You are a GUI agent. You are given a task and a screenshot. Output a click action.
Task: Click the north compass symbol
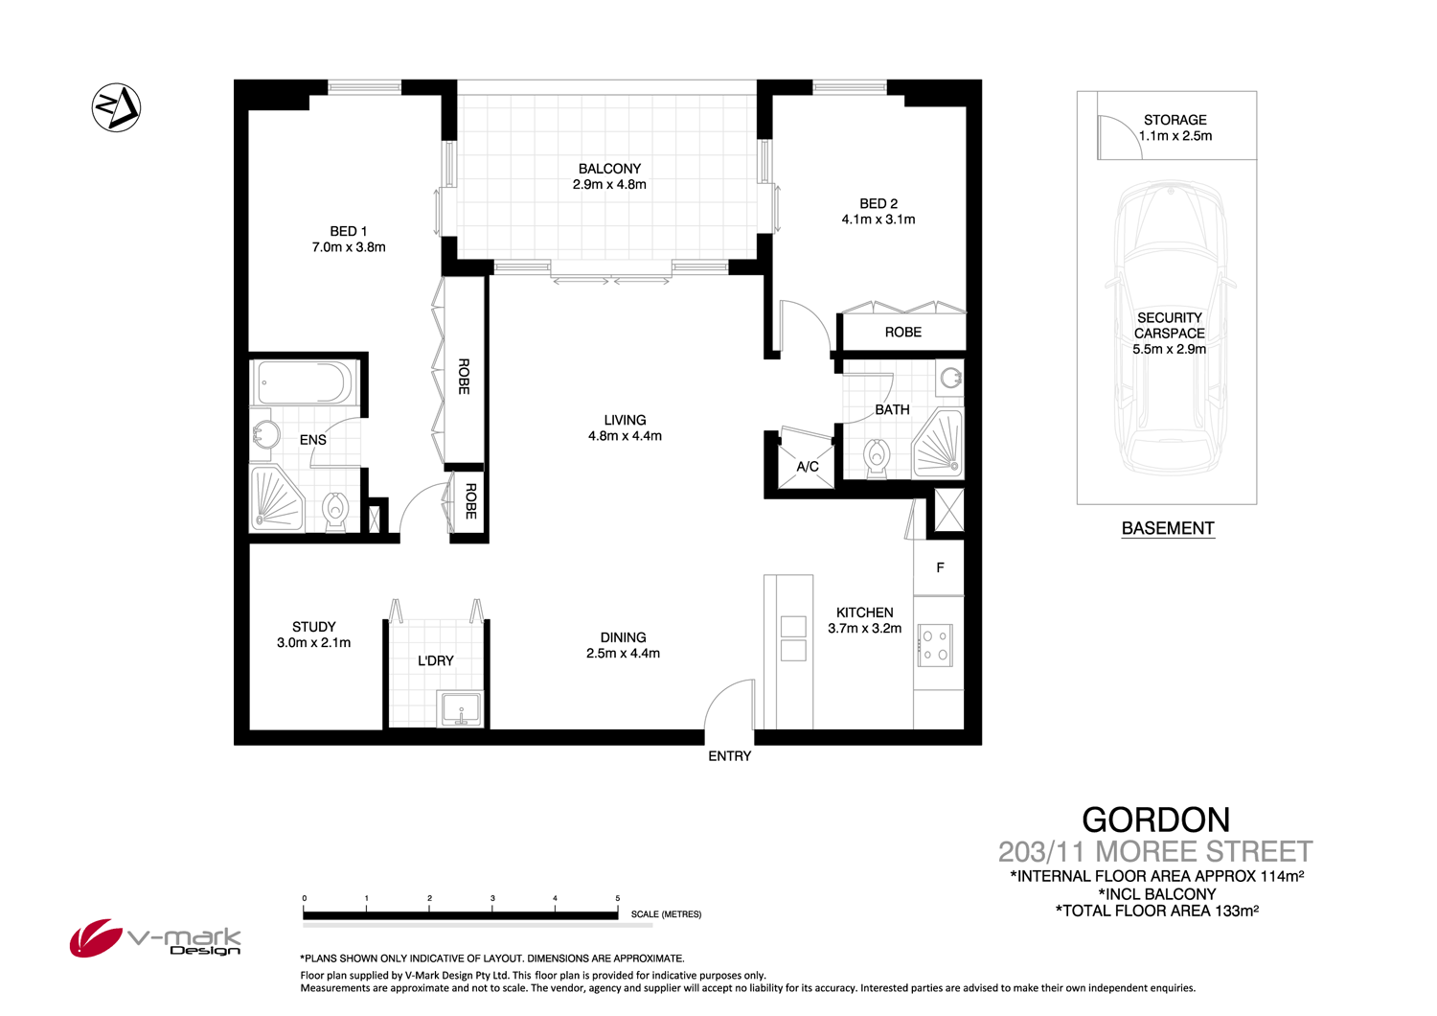point(116,107)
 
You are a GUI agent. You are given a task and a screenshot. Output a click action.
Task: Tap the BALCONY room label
point(609,169)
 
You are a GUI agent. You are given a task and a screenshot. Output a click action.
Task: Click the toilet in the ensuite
point(335,511)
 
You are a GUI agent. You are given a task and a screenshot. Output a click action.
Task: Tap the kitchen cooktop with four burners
point(934,645)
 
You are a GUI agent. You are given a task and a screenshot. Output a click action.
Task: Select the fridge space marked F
point(939,568)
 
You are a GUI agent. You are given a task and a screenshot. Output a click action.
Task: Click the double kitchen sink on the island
point(793,639)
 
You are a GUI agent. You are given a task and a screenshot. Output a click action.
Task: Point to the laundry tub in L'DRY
point(461,709)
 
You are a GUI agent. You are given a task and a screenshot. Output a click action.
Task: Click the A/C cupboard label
point(808,467)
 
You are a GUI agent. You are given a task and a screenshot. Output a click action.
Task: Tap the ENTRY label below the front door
point(729,756)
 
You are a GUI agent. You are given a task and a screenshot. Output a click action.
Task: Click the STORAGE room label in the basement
point(1175,120)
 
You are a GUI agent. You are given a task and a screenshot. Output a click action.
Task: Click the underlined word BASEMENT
point(1168,528)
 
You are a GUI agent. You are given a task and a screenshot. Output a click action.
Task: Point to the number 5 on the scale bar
point(618,899)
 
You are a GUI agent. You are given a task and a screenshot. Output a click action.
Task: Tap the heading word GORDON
point(1155,820)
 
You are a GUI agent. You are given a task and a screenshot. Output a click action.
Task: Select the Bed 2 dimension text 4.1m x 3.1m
point(878,219)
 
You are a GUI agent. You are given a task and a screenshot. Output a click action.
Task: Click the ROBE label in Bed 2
point(902,333)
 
